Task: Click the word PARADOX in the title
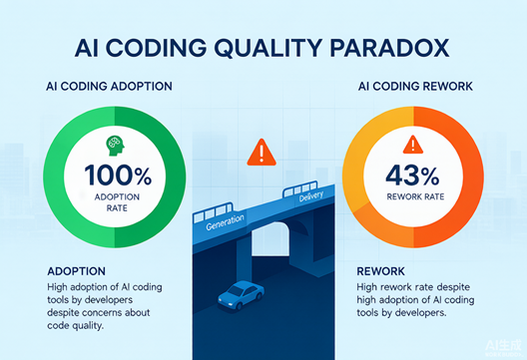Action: [x=389, y=48]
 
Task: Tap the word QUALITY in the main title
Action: [x=268, y=48]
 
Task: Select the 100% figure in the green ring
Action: [x=118, y=175]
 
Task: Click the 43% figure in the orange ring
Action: [x=412, y=175]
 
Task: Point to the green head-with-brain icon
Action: [x=115, y=146]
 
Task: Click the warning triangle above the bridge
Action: [x=262, y=153]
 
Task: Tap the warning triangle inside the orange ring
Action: [x=413, y=145]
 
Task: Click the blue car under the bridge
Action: [x=241, y=295]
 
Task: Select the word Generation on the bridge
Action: [x=225, y=222]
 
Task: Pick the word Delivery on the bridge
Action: [x=311, y=195]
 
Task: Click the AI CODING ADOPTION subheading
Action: [x=109, y=87]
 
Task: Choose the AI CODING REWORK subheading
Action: [x=415, y=87]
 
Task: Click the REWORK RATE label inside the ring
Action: [x=415, y=196]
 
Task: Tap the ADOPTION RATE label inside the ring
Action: [x=117, y=202]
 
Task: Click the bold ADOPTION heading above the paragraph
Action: [x=76, y=271]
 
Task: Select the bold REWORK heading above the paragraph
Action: [x=381, y=271]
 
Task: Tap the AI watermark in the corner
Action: [x=503, y=347]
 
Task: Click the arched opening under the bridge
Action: [x=270, y=239]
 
